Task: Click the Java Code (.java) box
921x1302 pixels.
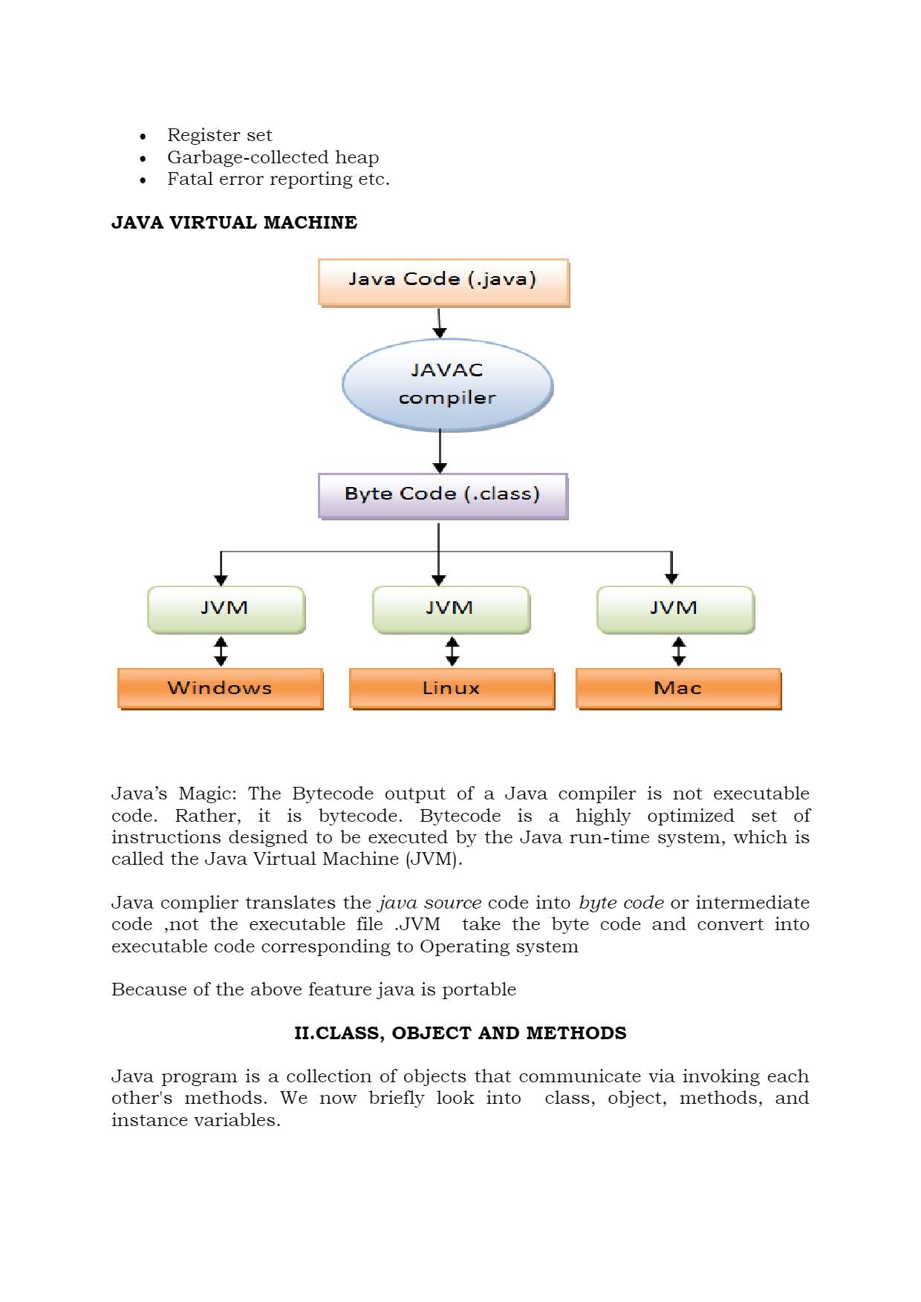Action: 443,281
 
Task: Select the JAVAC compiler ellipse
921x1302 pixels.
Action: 447,385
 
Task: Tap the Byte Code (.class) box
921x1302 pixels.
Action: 443,495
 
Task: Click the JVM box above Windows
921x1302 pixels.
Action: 226,609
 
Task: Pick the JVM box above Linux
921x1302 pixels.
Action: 451,609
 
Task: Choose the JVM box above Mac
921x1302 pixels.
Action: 675,609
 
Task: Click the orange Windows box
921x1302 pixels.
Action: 220,688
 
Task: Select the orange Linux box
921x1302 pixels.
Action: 452,688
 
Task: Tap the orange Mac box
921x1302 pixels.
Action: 678,688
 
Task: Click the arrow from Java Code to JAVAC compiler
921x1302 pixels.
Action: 440,323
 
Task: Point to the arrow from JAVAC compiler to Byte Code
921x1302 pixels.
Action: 440,451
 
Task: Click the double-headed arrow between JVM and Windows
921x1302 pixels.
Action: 221,651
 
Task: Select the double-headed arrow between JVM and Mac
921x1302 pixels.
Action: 678,651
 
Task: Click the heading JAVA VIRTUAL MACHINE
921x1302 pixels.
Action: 234,223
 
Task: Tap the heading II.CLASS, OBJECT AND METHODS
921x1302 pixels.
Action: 460,1033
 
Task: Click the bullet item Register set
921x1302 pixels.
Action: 219,135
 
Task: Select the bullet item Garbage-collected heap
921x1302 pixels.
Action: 273,157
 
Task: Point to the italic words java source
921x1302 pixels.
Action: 430,903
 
